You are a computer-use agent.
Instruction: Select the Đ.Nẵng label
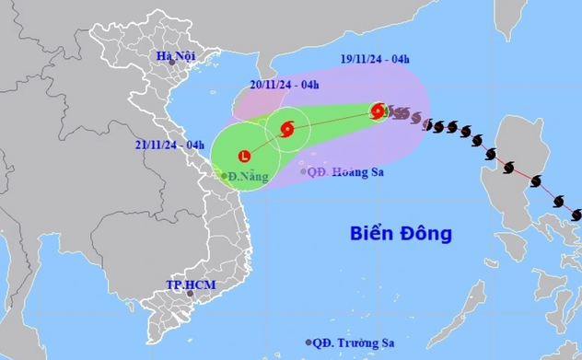tap(247, 175)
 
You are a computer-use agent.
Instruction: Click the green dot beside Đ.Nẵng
tap(224, 175)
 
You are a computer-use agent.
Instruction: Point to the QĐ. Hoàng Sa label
tap(345, 170)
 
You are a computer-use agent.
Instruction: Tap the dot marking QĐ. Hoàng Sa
tap(304, 171)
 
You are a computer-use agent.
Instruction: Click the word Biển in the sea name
tap(371, 234)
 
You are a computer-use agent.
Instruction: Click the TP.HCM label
tap(191, 285)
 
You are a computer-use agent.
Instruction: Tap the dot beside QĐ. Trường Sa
tap(308, 343)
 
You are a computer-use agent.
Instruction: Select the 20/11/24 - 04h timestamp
tap(285, 87)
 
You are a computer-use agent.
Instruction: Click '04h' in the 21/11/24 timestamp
tap(195, 145)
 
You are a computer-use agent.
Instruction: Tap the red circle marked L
tap(244, 156)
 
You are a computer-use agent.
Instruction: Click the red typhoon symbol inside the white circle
tap(286, 129)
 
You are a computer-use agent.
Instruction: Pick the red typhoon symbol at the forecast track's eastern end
tap(378, 111)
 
